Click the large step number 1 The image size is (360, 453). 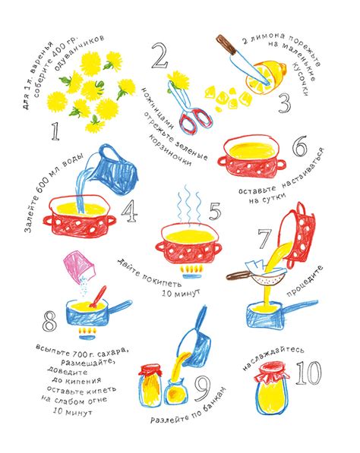click(55, 131)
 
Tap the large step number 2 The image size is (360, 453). click(160, 55)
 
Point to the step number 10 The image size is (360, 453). click(308, 373)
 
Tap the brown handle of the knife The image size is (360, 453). click(226, 44)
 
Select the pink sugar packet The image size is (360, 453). click(79, 266)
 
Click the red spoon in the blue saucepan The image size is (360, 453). click(98, 297)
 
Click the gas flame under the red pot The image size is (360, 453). click(190, 270)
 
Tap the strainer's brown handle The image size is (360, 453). click(238, 275)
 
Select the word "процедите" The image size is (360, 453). click(305, 281)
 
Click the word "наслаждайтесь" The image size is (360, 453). click(273, 357)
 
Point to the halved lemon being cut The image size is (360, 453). click(266, 77)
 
